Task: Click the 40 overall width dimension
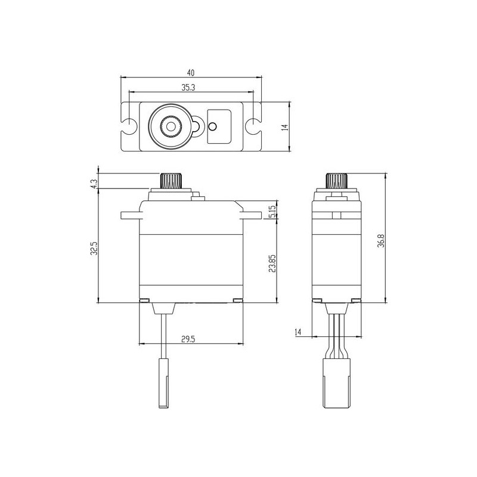[191, 73]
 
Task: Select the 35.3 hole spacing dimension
[188, 88]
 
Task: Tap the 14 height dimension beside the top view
[285, 127]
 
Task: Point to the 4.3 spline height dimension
[94, 184]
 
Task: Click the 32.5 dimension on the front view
[94, 248]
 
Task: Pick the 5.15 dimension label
[272, 212]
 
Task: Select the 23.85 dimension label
[272, 263]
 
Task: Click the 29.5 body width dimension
[188, 339]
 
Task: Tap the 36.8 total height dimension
[381, 240]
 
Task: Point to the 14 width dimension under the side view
[298, 332]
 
